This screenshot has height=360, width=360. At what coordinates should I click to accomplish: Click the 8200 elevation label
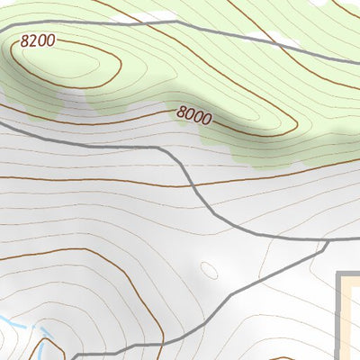37,40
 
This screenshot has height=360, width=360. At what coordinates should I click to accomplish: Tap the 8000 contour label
194,114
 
